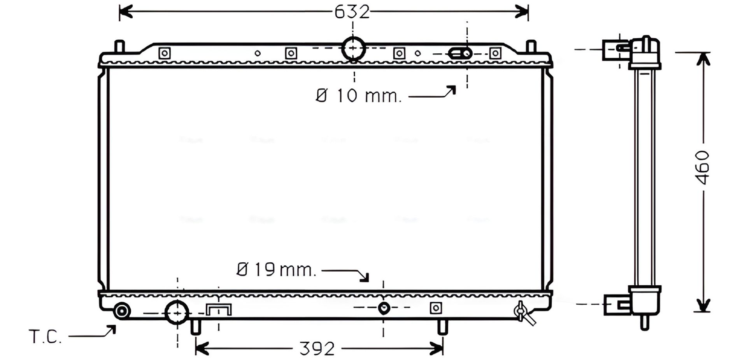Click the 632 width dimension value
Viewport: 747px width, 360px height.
[352, 12]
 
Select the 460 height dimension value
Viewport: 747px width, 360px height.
[703, 167]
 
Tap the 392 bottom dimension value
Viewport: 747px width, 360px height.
[317, 349]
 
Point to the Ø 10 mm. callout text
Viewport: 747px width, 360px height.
[358, 95]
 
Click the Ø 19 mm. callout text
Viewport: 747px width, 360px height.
[276, 269]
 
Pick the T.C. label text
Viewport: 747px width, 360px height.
[45, 337]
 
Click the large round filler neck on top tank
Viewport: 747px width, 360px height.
[353, 49]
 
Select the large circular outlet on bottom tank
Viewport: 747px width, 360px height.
[177, 313]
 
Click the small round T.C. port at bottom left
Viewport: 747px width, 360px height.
[122, 311]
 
